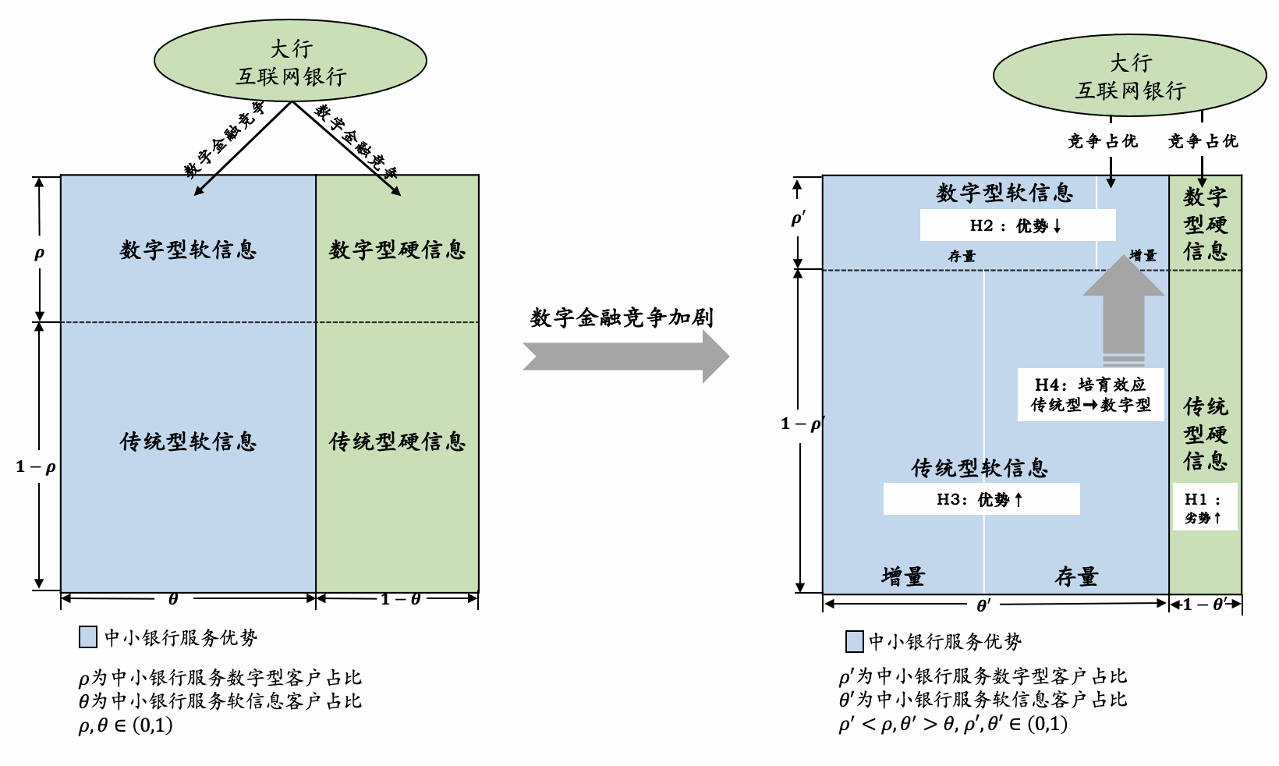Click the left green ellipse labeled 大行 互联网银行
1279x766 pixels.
point(290,61)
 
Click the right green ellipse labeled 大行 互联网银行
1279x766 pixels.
point(1129,75)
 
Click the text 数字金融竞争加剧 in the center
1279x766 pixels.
point(622,317)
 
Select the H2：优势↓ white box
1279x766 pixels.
point(1017,225)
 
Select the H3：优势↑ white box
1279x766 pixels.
point(981,499)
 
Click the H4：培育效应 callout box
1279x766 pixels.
point(1090,395)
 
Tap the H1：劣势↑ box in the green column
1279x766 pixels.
point(1204,507)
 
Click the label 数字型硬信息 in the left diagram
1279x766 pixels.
point(397,250)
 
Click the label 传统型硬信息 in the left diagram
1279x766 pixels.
point(397,442)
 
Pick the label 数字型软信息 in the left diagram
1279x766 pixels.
point(188,250)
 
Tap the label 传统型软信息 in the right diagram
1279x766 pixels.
point(980,468)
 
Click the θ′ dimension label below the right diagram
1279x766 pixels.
point(984,605)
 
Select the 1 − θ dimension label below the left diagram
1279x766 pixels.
point(401,599)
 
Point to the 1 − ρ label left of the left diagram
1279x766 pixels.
point(36,467)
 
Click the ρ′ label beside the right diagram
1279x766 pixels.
point(798,219)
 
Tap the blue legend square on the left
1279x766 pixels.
point(88,637)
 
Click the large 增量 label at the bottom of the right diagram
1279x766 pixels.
point(903,576)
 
